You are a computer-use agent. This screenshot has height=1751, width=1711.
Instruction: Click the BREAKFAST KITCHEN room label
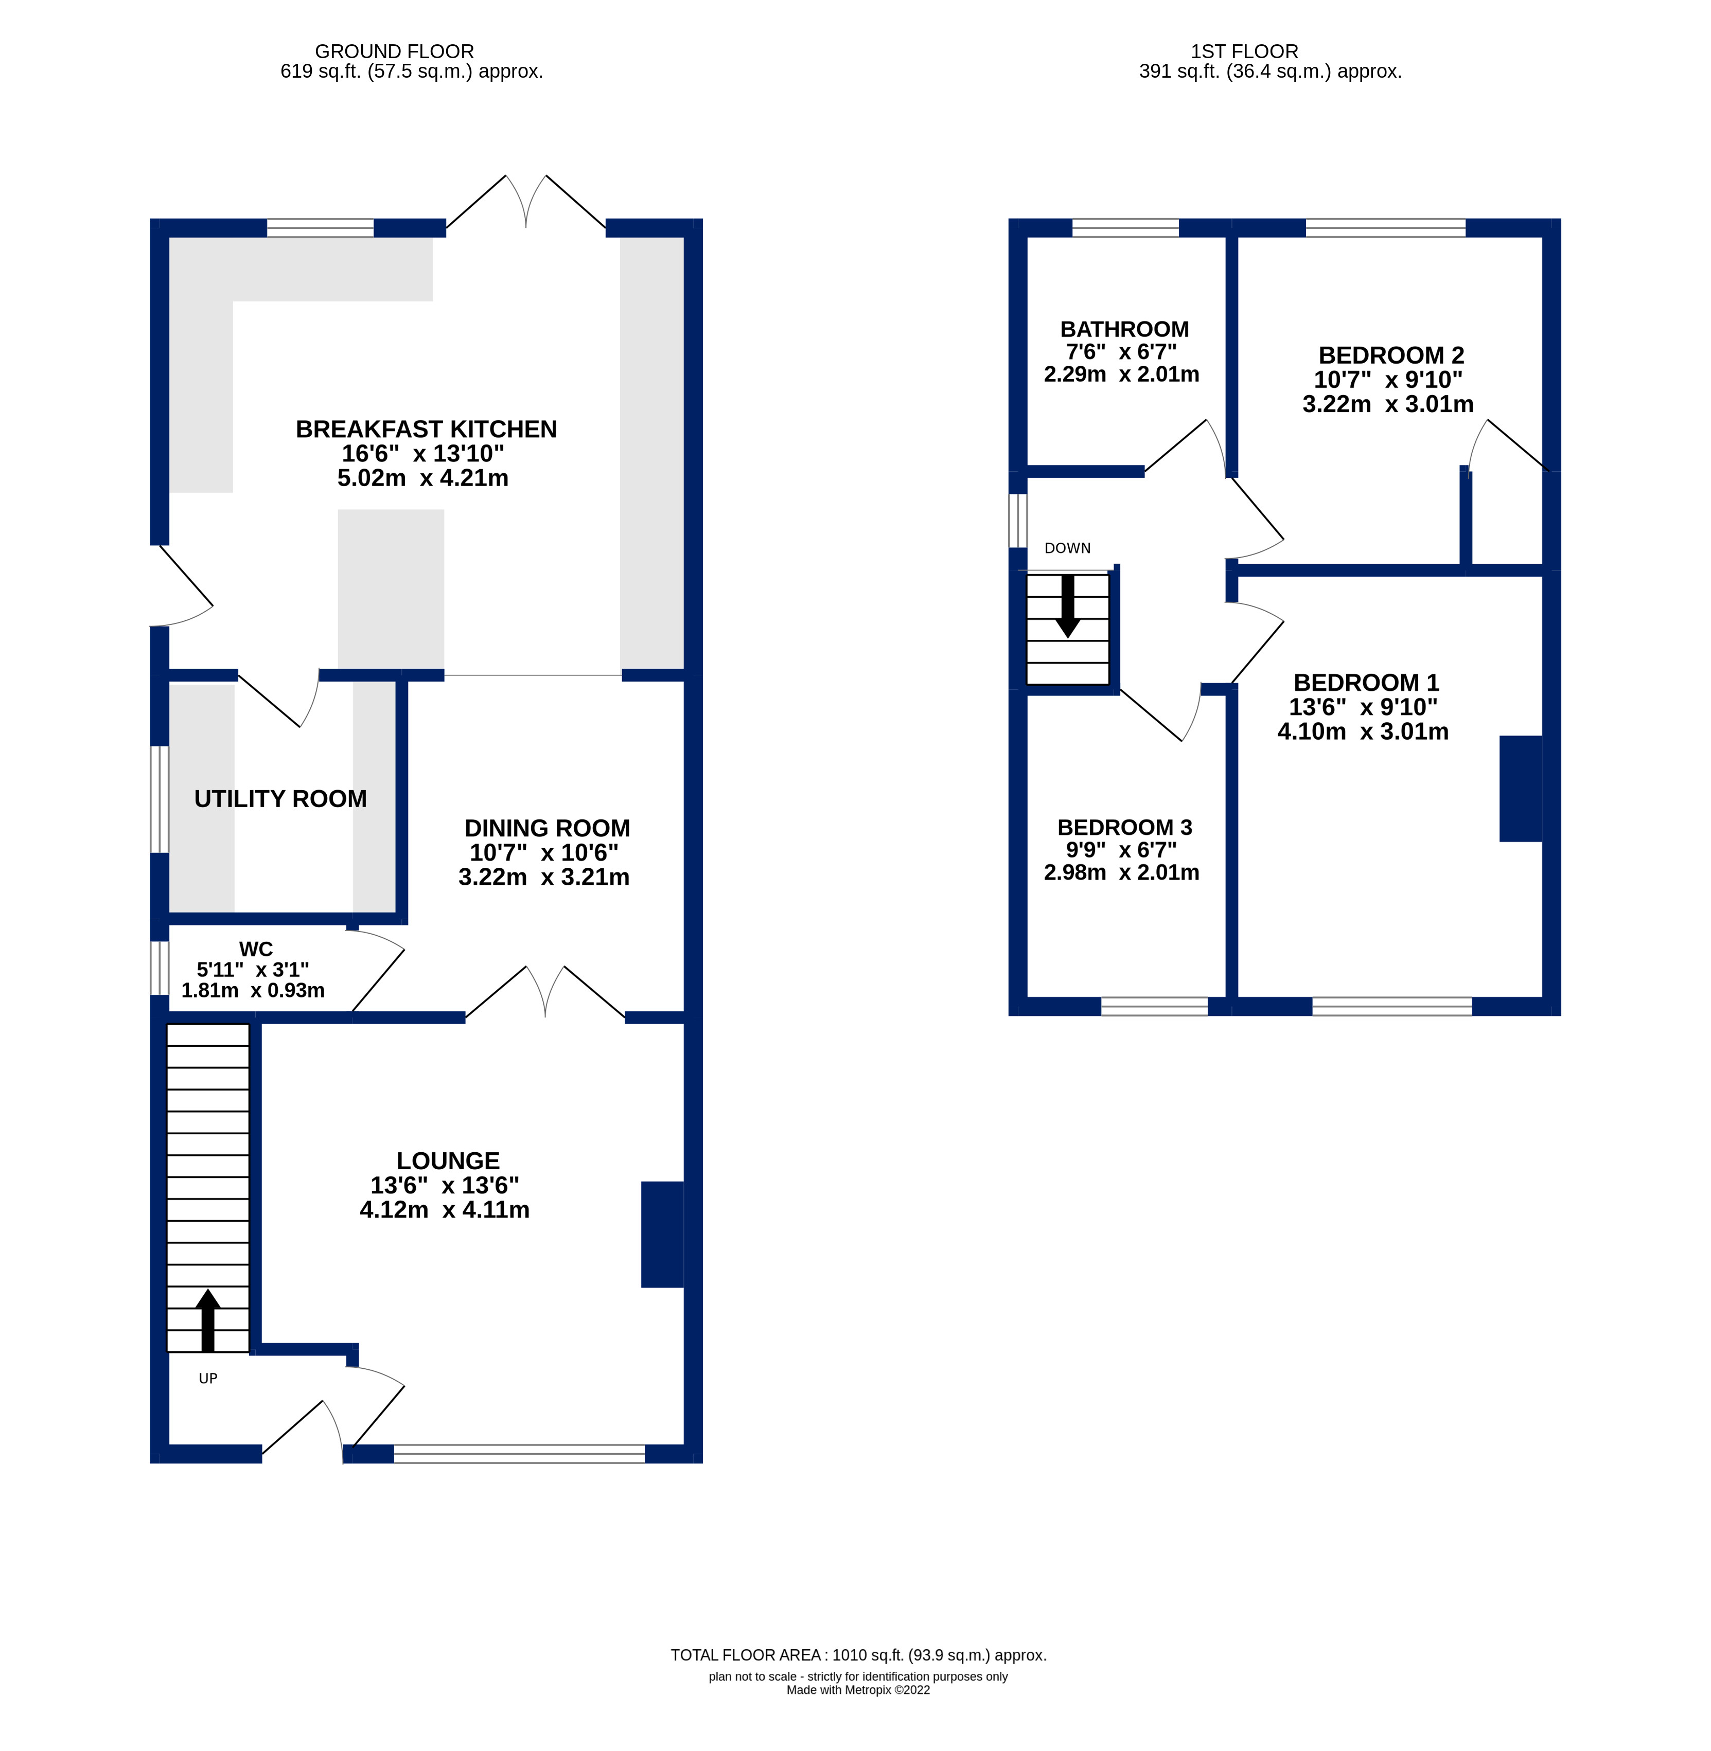point(426,430)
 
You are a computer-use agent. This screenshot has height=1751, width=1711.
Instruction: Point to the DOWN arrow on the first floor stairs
point(1068,606)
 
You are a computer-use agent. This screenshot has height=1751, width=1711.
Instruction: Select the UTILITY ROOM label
point(280,799)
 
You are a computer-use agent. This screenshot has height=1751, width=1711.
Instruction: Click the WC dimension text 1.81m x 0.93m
point(253,990)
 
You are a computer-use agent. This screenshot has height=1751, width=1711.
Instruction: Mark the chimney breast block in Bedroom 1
point(1521,788)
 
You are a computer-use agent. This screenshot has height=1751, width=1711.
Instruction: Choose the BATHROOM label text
point(1124,329)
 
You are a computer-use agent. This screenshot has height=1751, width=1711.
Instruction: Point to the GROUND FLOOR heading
point(395,51)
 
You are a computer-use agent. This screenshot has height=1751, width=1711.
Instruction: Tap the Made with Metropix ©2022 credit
point(858,1690)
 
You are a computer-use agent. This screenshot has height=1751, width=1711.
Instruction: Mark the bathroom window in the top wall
point(1125,227)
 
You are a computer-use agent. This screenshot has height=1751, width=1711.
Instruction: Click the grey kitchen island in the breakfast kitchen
point(391,588)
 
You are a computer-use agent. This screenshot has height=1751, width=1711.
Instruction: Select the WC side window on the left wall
point(159,968)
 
